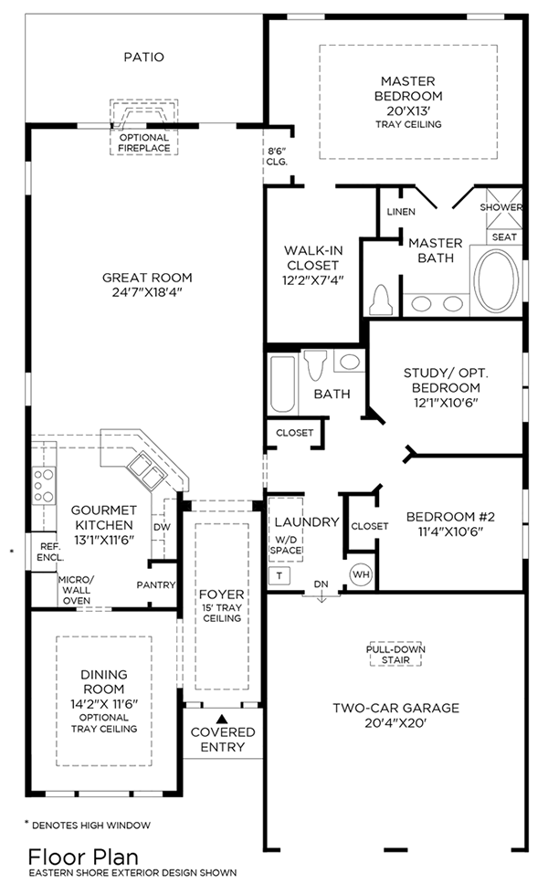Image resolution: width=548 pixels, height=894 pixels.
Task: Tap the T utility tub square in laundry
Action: coord(279,576)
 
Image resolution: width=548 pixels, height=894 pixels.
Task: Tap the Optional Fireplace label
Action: coord(143,142)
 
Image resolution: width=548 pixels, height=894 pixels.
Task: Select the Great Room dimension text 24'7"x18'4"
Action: coord(147,294)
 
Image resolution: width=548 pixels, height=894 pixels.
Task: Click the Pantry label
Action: coord(155,584)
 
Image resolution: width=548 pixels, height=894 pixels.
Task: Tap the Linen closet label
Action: coord(401,212)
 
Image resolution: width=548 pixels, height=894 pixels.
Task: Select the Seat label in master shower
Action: coord(504,237)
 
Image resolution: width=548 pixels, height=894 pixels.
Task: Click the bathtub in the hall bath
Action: coord(281,384)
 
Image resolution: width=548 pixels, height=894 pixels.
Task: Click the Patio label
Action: coord(143,57)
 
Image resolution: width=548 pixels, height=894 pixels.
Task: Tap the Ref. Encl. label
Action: coord(48,551)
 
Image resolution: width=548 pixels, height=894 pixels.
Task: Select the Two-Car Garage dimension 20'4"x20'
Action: coord(396,722)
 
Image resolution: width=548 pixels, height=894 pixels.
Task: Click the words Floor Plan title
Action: coord(83,857)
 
